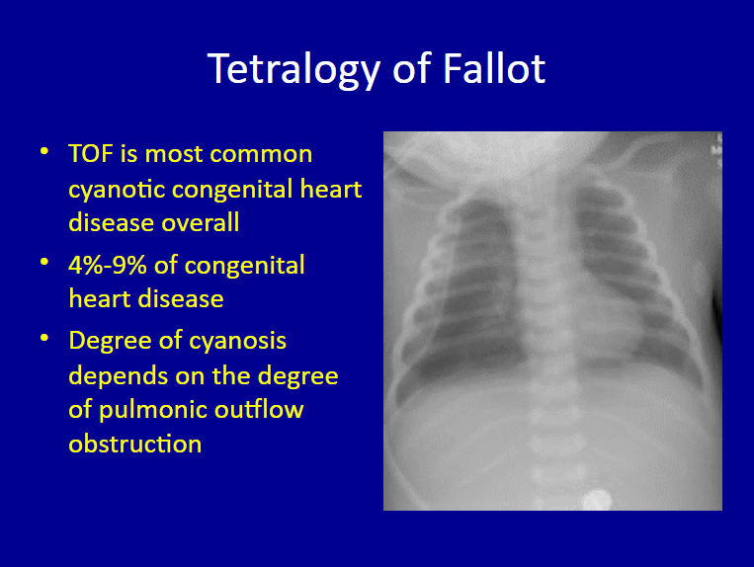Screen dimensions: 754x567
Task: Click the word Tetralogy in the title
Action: tap(293, 70)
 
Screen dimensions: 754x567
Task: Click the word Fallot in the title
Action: tap(494, 69)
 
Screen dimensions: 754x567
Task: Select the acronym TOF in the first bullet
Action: tap(91, 154)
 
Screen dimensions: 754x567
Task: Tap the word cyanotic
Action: tap(117, 189)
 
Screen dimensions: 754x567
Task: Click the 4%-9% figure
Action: tap(108, 265)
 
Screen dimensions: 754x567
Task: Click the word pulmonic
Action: tap(153, 410)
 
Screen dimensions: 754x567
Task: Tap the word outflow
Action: tap(259, 409)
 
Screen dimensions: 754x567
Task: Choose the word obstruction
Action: tap(135, 444)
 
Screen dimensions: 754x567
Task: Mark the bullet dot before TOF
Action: tap(44, 152)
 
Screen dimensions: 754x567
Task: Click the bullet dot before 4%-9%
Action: tap(44, 263)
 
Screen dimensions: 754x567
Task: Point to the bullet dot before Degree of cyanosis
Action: tap(44, 338)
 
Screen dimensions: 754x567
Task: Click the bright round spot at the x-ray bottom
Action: tap(597, 499)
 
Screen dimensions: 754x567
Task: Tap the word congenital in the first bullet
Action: tap(233, 189)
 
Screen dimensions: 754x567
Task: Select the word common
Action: tap(261, 155)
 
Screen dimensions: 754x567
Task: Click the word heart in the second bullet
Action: tap(100, 298)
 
